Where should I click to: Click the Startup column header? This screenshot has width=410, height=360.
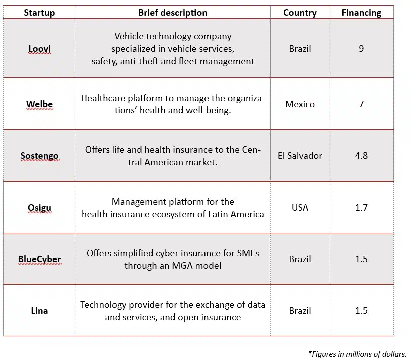tap(39, 13)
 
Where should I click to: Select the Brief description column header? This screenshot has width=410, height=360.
tap(172, 13)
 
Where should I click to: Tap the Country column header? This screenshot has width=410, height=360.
tap(300, 13)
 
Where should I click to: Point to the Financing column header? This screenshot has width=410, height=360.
tap(361, 13)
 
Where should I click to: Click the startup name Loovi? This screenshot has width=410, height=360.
tap(39, 49)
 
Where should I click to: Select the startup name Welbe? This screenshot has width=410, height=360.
tap(39, 105)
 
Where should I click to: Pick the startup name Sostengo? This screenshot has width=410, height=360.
tap(39, 156)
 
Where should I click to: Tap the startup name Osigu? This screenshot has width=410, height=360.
tap(39, 208)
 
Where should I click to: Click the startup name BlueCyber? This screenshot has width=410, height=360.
tap(39, 260)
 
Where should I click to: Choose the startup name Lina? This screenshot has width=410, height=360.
tap(39, 311)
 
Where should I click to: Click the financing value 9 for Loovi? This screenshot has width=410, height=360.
tap(361, 49)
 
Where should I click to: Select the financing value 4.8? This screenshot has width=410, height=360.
tap(361, 155)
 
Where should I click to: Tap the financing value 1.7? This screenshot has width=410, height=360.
tap(361, 207)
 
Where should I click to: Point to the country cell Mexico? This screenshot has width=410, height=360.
tap(300, 104)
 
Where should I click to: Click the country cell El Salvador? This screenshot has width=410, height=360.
tap(300, 155)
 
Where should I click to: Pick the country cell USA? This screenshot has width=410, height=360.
tap(300, 207)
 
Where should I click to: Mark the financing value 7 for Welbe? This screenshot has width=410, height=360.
tap(361, 104)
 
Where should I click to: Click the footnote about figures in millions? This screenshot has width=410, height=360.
tap(357, 354)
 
